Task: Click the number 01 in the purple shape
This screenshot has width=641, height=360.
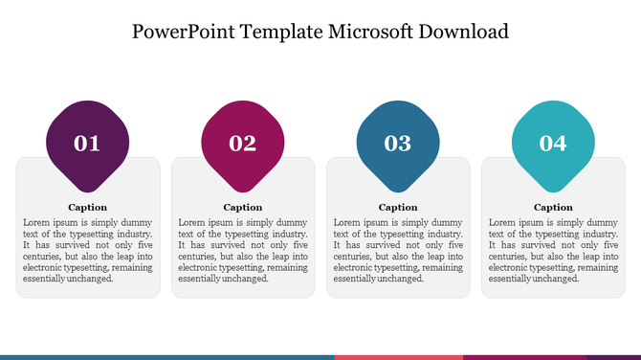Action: [x=87, y=144]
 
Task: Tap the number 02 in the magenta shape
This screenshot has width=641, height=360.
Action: [x=242, y=144]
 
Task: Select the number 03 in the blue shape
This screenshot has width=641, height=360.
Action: [x=398, y=144]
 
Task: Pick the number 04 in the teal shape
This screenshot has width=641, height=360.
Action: [x=553, y=144]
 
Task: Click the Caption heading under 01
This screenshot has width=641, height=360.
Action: [x=87, y=207]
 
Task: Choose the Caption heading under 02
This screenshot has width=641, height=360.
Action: [x=242, y=207]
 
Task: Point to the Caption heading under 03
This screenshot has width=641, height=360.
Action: [x=398, y=207]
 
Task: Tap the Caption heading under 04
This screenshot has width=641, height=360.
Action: [x=553, y=207]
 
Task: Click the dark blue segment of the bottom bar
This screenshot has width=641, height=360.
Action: [x=167, y=356]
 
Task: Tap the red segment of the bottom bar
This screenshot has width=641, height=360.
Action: [x=398, y=356]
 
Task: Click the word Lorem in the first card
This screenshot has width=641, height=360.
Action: [x=35, y=222]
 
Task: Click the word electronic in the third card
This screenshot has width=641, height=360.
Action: [x=355, y=268]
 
